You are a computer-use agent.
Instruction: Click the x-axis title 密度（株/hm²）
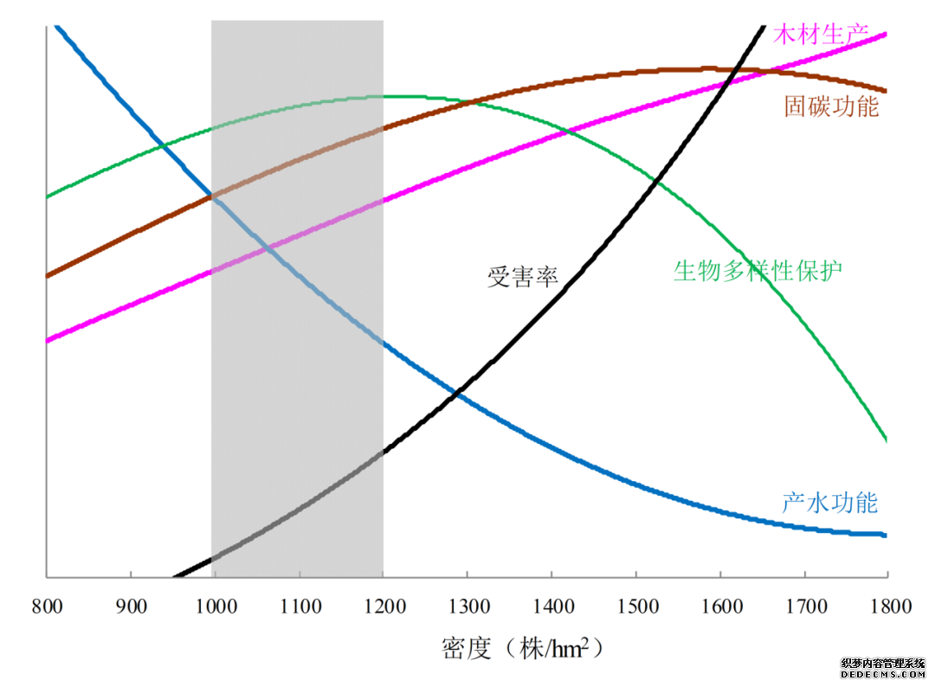coord(521,648)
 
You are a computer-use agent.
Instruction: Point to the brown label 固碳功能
coord(831,107)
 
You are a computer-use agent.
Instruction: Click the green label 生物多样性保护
coord(758,271)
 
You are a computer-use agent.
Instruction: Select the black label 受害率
coord(522,278)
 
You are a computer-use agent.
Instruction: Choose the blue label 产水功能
coord(829,503)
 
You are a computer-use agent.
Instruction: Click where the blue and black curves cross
coord(457,395)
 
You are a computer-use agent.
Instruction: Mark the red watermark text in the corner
coord(882,668)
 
